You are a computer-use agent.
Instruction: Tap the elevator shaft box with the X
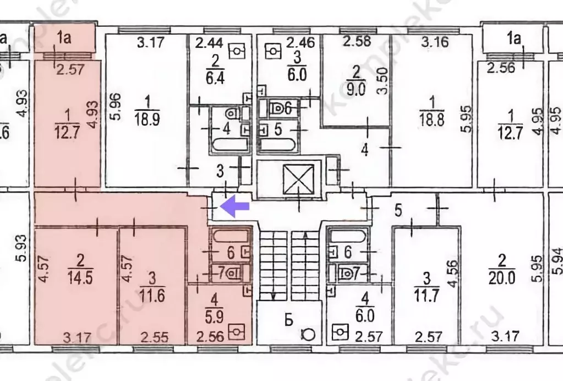(297, 178)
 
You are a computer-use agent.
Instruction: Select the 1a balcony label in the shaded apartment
(65, 37)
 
